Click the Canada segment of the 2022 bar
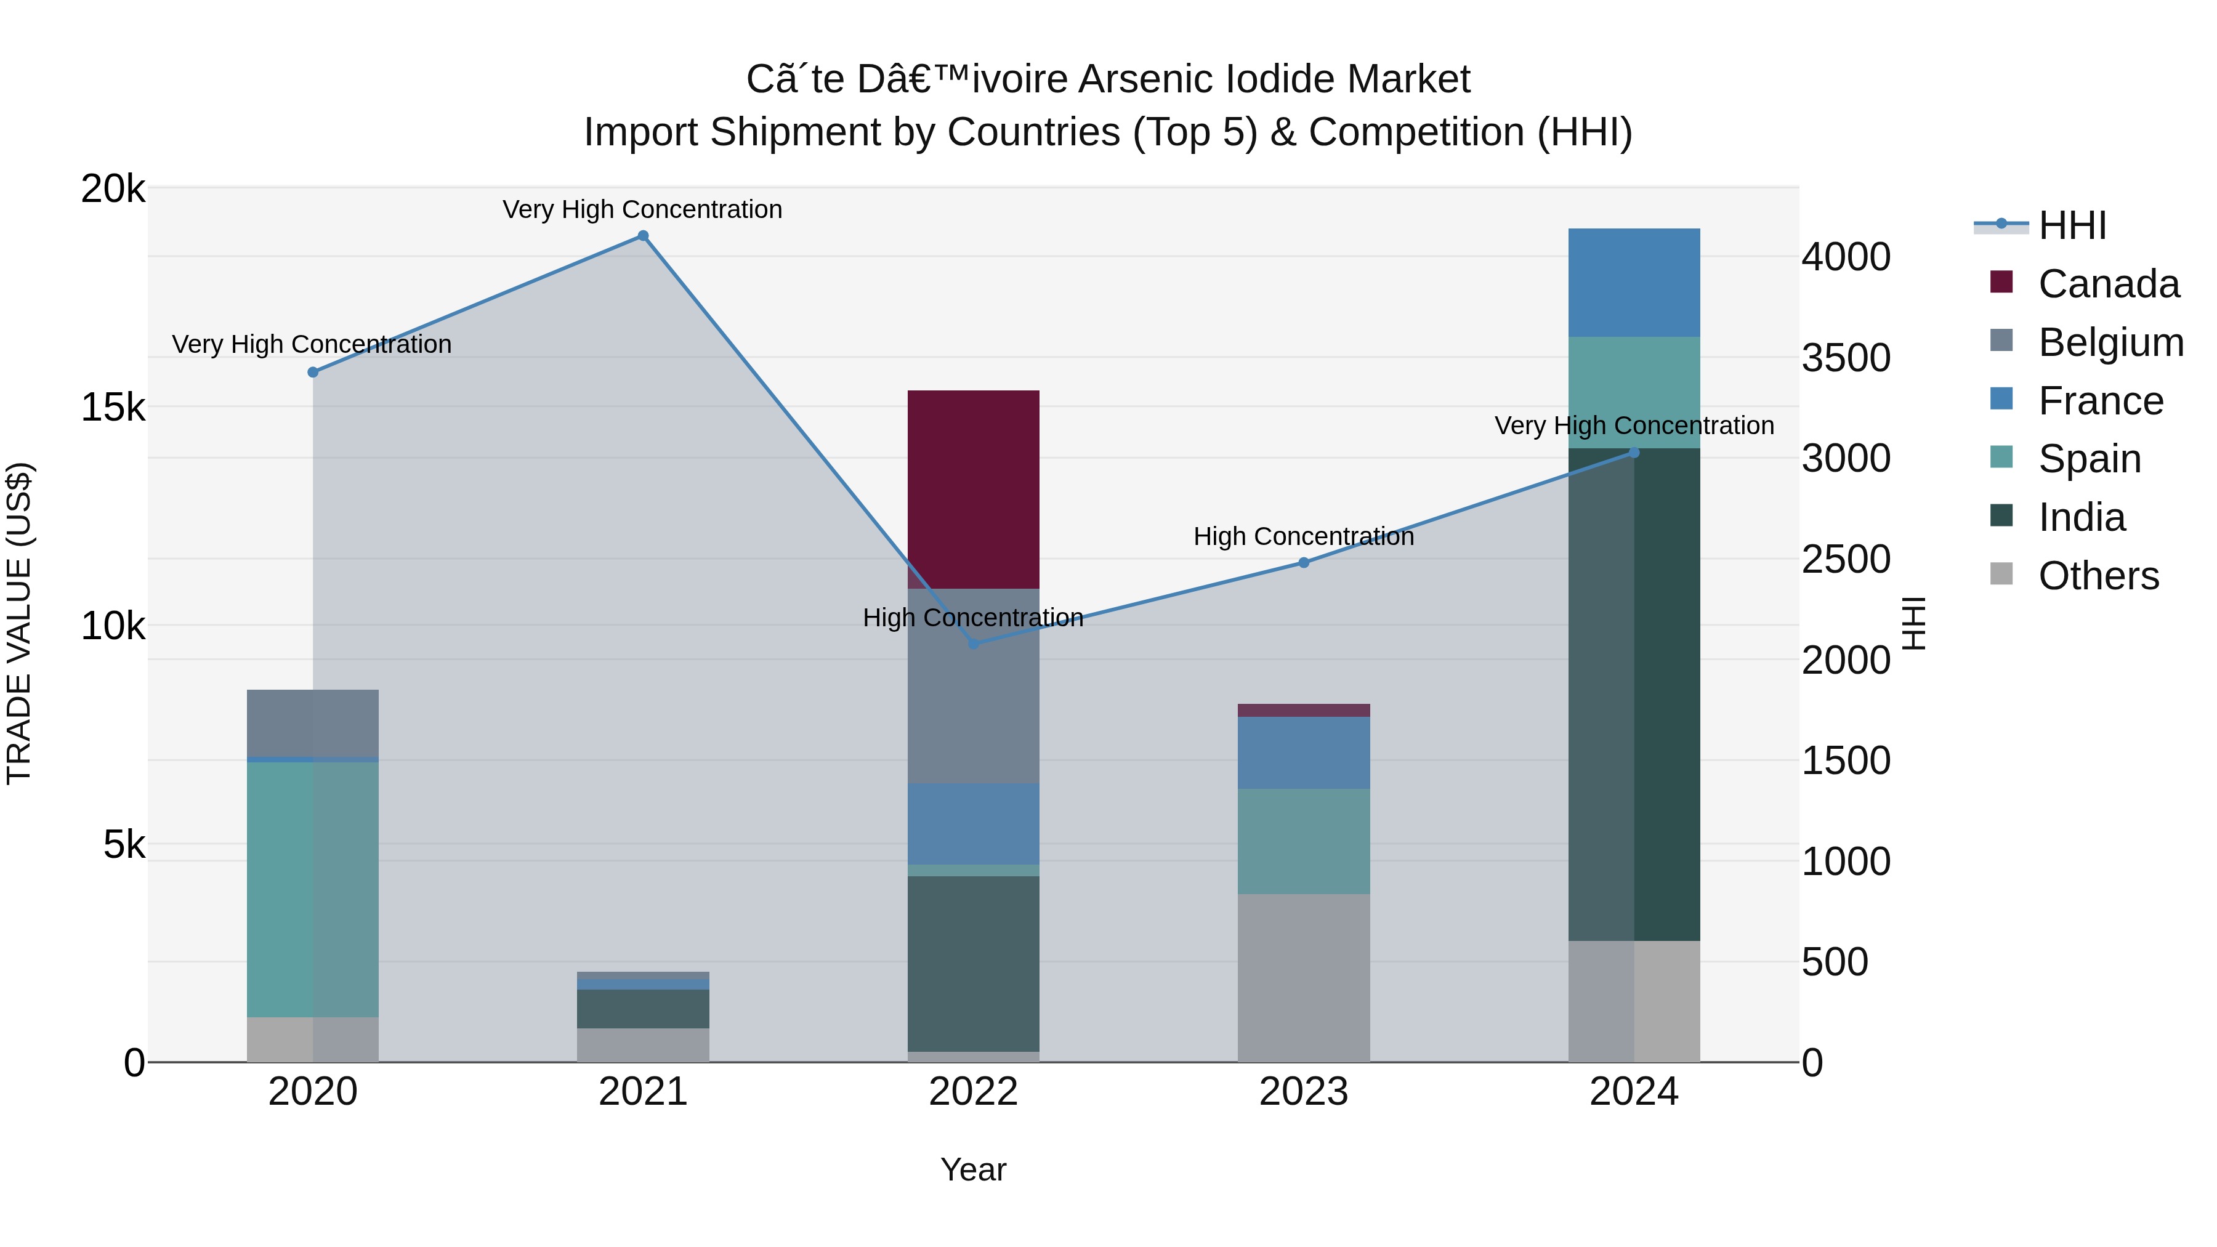click(x=974, y=489)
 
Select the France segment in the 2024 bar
click(x=1633, y=282)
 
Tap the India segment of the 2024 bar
click(x=1633, y=693)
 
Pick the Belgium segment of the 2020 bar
click(x=312, y=723)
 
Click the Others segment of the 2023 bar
click(x=1303, y=978)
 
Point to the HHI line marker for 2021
click(x=643, y=236)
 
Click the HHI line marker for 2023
click(x=1303, y=563)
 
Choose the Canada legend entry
click(x=2108, y=284)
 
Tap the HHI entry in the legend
click(x=2072, y=225)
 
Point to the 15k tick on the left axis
click(x=113, y=407)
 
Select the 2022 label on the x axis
click(x=974, y=1092)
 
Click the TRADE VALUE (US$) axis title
click(x=19, y=624)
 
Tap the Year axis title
click(x=974, y=1169)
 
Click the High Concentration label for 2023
click(x=1303, y=536)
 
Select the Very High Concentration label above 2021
click(x=642, y=209)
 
